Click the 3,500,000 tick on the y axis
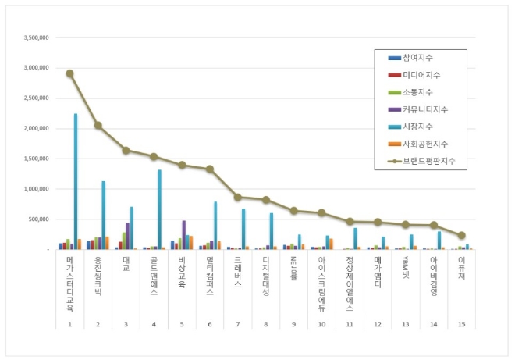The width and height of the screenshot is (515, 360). (37, 37)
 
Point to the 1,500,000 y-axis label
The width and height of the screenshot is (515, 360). (37, 159)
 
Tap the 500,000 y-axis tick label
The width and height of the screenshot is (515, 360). (40, 219)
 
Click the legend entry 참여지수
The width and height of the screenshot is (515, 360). (418, 58)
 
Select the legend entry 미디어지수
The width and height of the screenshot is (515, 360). (421, 75)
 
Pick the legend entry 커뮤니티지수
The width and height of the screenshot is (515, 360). (425, 109)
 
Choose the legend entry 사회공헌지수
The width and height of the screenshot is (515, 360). (425, 144)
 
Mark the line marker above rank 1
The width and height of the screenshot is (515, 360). (69, 73)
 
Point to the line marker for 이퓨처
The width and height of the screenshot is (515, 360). (461, 235)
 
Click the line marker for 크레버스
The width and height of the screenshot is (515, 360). (237, 197)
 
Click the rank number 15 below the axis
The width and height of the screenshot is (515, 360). (461, 323)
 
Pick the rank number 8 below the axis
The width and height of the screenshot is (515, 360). (265, 323)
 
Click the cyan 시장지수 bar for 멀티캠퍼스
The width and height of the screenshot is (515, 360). (215, 225)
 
